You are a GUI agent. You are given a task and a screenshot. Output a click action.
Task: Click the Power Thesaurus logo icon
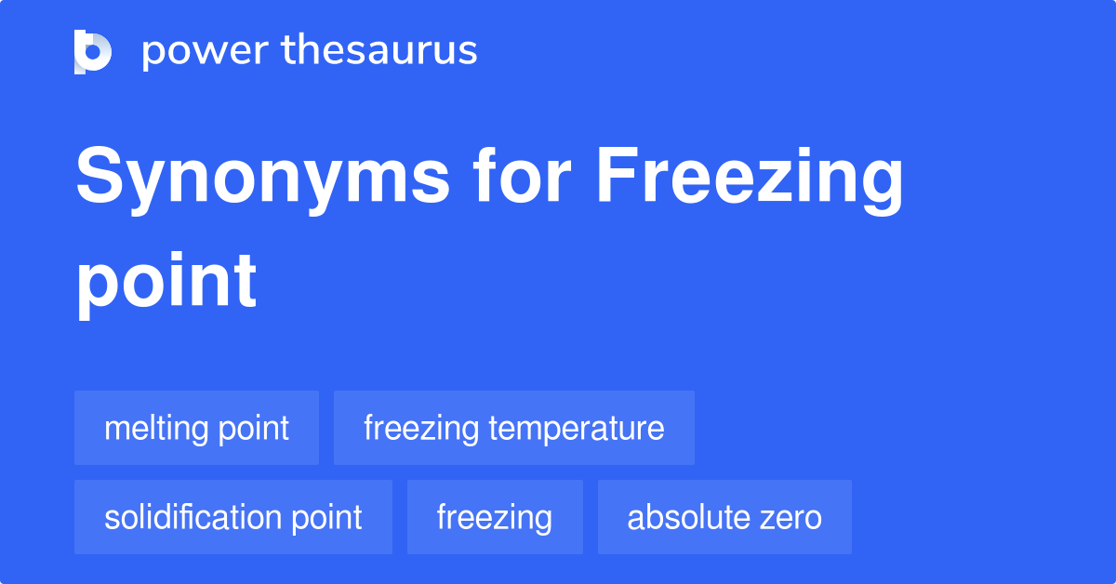coord(93,52)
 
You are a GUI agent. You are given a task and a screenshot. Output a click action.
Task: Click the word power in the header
coord(206,52)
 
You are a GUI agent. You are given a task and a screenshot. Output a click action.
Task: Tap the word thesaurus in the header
coord(379,49)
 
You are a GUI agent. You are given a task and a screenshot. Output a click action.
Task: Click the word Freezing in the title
coord(750,179)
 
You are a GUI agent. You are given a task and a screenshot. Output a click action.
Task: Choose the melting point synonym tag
coord(197,428)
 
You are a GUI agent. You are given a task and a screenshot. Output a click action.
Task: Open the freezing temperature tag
coord(514,428)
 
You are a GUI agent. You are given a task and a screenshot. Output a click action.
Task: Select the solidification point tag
coord(233,517)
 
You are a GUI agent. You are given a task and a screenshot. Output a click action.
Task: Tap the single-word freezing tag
coord(495,517)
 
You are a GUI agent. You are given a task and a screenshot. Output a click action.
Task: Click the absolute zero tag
coord(724,517)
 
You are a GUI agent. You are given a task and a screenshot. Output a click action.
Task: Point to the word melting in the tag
coord(156,429)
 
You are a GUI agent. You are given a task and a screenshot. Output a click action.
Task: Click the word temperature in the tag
coord(577,429)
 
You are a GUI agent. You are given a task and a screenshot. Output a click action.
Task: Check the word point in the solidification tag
coord(326,519)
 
